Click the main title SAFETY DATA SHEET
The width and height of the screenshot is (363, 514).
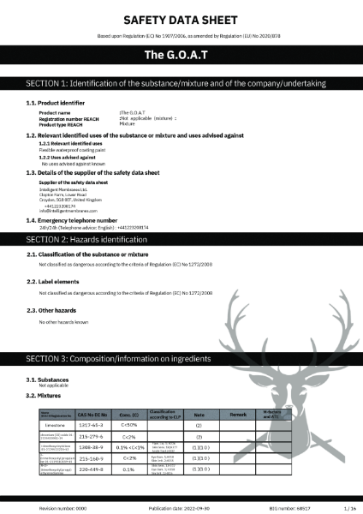[181, 18]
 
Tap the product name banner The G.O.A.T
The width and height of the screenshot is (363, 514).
[181, 55]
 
